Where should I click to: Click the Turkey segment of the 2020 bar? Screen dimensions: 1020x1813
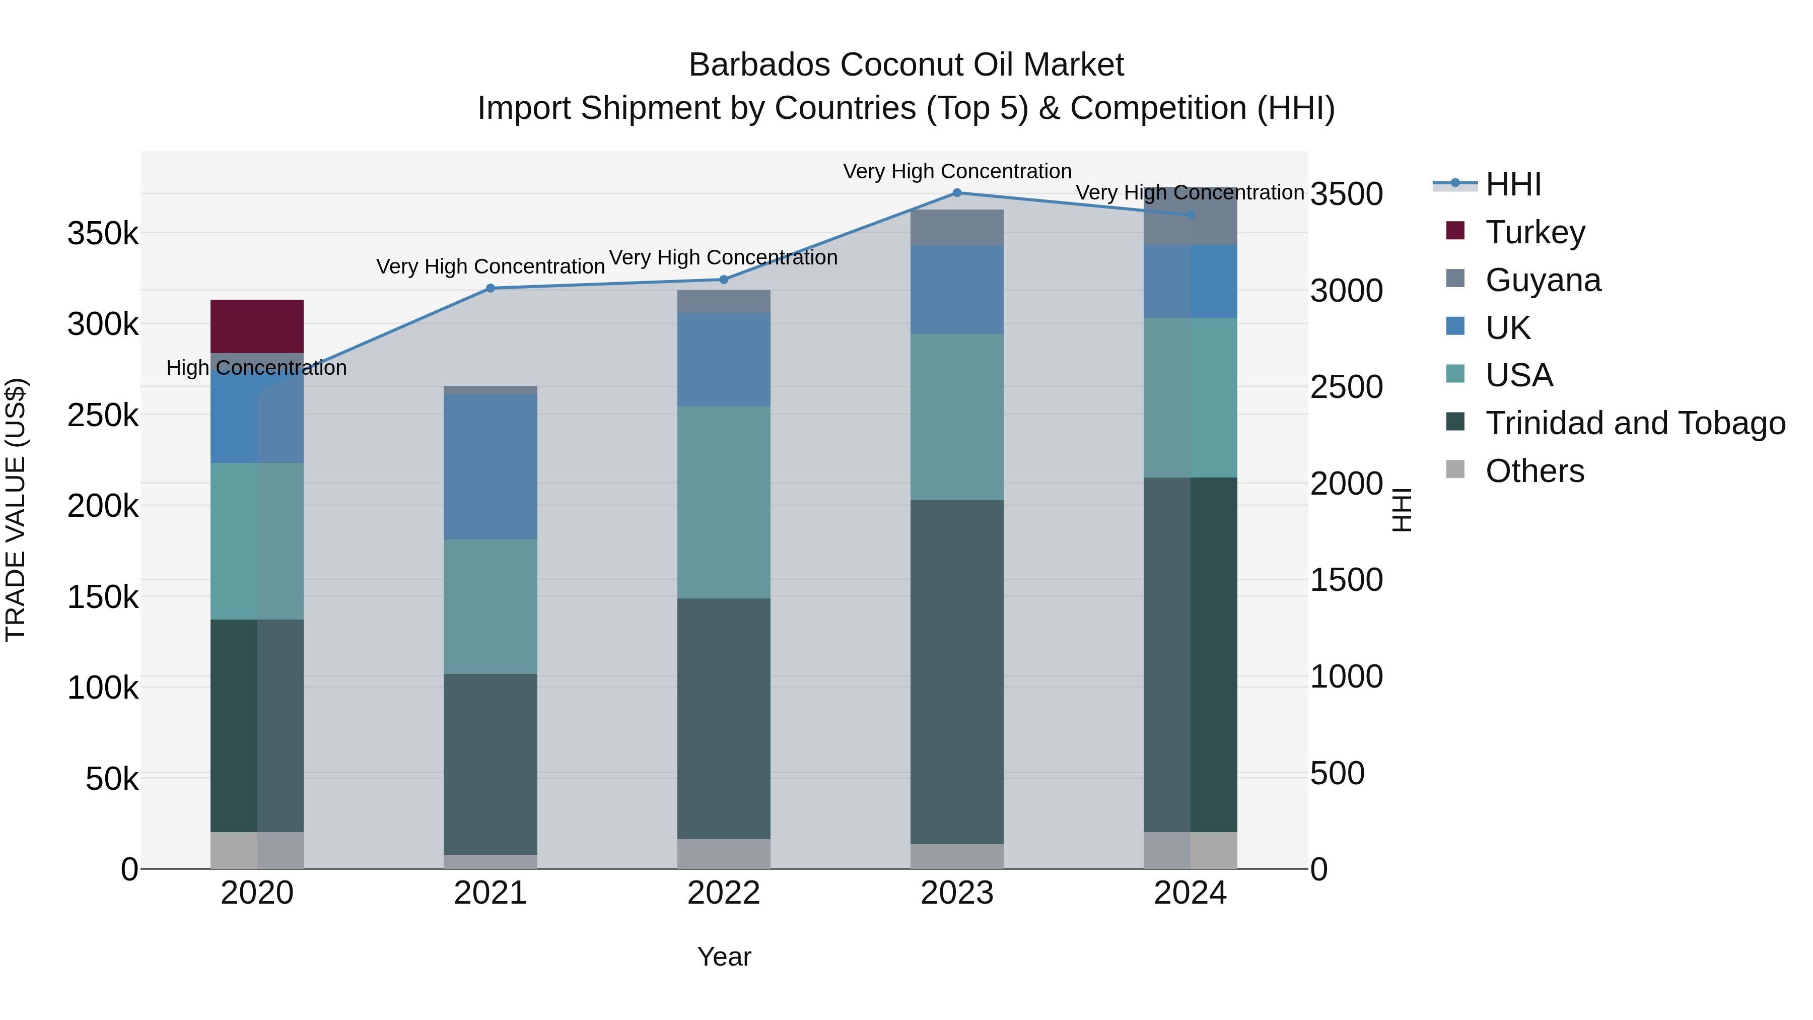coord(257,326)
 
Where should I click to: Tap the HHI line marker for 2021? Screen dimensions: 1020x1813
coord(491,288)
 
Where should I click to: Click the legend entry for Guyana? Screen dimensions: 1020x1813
coord(1543,280)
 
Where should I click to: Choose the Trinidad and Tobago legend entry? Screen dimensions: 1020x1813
coord(1635,423)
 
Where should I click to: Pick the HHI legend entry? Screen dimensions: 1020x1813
coord(1513,184)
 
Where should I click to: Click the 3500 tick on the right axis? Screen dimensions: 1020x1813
coord(1346,194)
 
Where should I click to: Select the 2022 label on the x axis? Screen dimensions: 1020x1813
coord(724,893)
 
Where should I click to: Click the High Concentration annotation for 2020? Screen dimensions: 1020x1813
coord(256,368)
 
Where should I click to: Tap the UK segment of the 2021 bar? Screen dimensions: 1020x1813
coord(491,467)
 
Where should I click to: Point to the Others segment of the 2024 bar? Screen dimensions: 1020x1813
coord(1190,850)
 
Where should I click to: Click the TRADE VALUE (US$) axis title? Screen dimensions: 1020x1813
coord(16,510)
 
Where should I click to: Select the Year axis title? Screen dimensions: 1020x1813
coord(724,957)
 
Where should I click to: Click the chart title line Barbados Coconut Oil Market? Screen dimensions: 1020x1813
coord(906,65)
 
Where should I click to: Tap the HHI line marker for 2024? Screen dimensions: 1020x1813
coord(1190,215)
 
